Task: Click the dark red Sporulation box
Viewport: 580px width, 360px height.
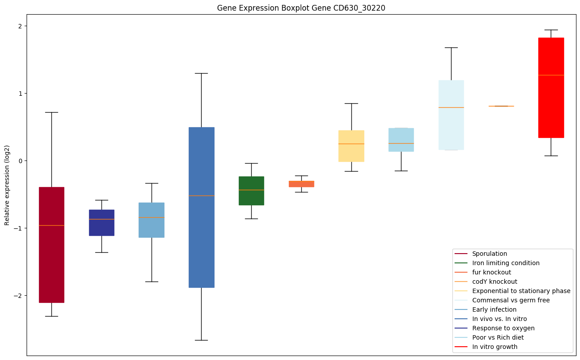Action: (51, 245)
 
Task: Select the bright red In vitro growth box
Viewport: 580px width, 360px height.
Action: (551, 88)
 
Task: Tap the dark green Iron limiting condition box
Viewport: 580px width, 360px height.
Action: (251, 191)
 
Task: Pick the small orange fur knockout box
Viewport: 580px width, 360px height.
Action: (301, 184)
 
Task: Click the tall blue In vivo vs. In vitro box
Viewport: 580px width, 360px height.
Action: (201, 207)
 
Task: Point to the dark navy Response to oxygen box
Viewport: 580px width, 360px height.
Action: (101, 223)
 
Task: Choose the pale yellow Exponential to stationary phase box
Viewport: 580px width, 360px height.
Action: (351, 146)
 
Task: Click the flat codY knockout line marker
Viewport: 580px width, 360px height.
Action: (501, 106)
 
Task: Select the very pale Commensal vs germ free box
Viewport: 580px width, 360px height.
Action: (451, 115)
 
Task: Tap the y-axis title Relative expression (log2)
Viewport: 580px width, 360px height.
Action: (7, 185)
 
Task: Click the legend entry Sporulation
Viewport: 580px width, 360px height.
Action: (489, 254)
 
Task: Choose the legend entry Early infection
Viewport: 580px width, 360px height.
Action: (494, 309)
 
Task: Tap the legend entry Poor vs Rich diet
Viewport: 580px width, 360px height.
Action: (498, 337)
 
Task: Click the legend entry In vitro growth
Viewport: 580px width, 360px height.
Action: (494, 347)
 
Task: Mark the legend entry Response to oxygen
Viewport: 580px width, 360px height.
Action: (503, 328)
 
